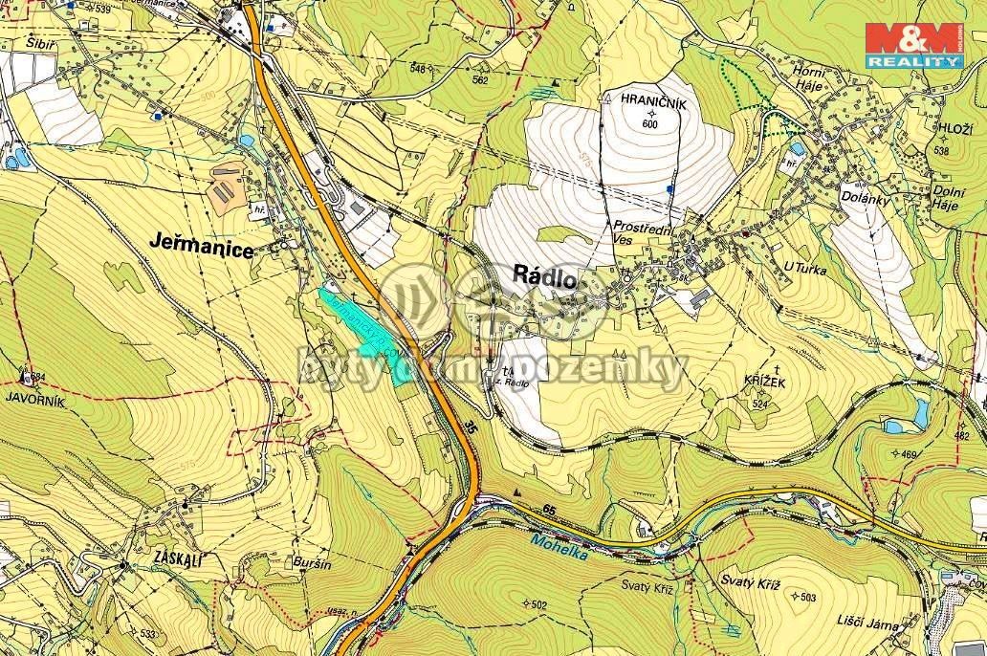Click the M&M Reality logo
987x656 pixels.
pos(912,46)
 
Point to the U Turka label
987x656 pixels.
pos(801,271)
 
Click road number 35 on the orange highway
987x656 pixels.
pos(465,425)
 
